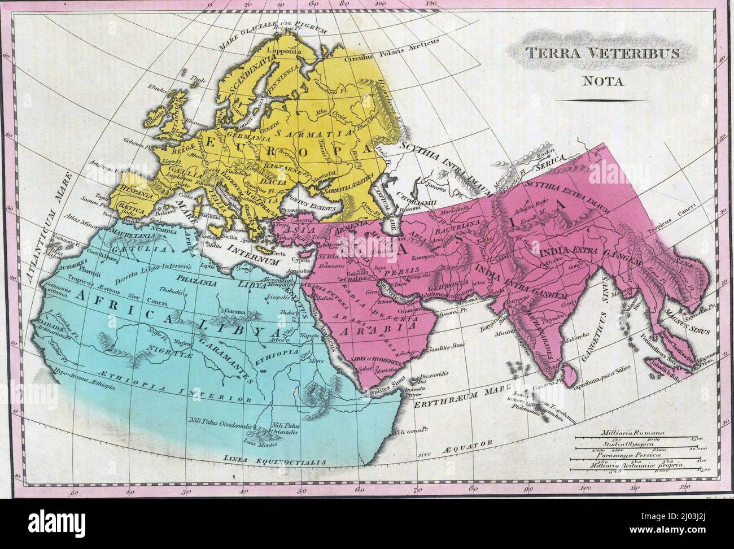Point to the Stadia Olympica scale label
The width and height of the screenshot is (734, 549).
coord(624,443)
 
